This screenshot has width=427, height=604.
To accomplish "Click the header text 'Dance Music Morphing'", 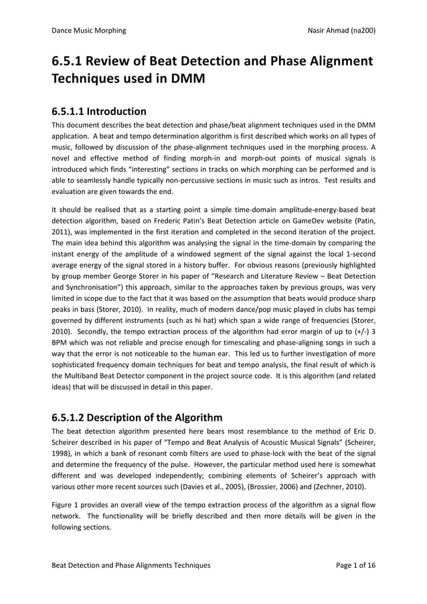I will [88, 30].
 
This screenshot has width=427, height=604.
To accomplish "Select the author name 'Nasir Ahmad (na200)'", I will [339, 30].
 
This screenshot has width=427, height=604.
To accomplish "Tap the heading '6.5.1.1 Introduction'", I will [99, 111].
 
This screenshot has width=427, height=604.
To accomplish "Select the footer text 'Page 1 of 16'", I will [354, 565].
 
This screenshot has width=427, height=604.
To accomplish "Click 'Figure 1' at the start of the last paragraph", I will [69, 504].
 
